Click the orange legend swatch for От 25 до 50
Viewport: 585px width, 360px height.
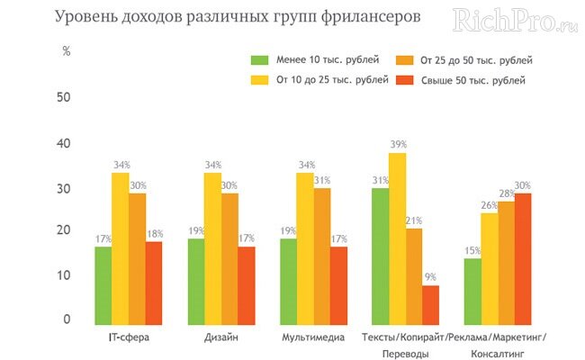click(404, 61)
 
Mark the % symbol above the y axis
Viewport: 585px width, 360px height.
click(66, 51)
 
